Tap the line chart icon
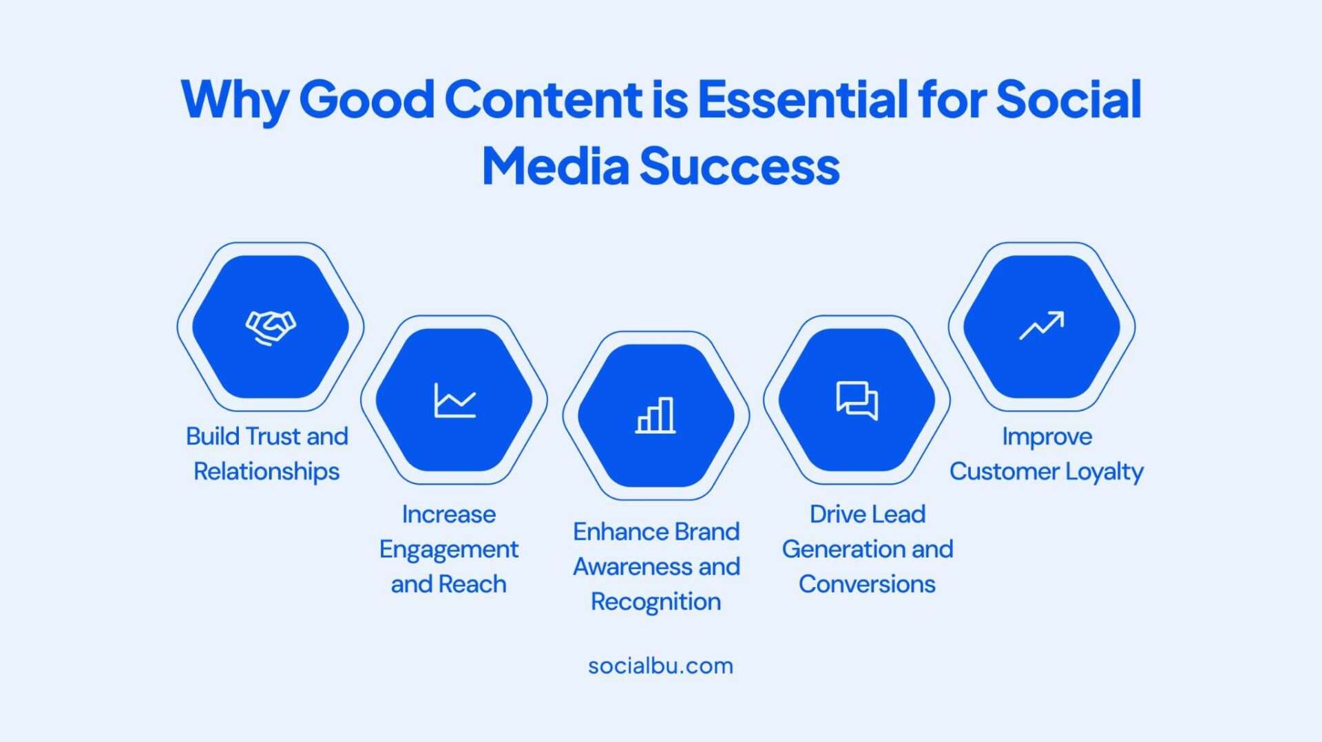[455, 400]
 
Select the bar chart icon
[655, 415]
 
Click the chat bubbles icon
[857, 400]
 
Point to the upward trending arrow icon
[1042, 326]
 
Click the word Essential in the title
[803, 99]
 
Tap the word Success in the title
[739, 167]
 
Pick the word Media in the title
[556, 166]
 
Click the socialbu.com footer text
[661, 666]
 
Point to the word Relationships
[266, 472]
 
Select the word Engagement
[449, 550]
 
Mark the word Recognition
[656, 602]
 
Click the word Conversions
[867, 584]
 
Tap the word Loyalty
[1104, 472]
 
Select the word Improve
[1047, 437]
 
